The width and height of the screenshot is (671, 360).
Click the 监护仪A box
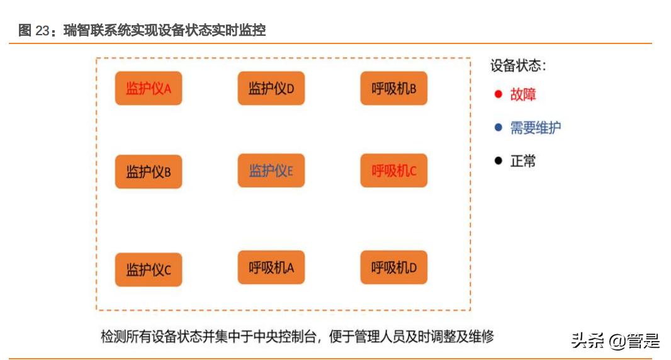(149, 89)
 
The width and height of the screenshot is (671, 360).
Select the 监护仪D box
(271, 89)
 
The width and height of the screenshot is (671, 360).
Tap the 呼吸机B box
(393, 89)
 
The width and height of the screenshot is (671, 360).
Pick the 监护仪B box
(149, 171)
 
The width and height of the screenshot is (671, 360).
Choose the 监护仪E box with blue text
(271, 171)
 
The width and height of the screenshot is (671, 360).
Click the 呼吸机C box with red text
(393, 171)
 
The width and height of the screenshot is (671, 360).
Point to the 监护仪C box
(149, 270)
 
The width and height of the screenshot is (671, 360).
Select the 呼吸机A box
(271, 267)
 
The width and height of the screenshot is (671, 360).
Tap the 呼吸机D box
(393, 267)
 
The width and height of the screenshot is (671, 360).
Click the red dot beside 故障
(498, 94)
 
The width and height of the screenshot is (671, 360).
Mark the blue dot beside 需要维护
(498, 128)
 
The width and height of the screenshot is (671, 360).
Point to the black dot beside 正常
(498, 160)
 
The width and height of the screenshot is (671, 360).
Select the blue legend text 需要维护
(535, 128)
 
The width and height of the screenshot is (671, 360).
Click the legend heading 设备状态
(517, 65)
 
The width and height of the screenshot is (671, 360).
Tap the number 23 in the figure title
(42, 30)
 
